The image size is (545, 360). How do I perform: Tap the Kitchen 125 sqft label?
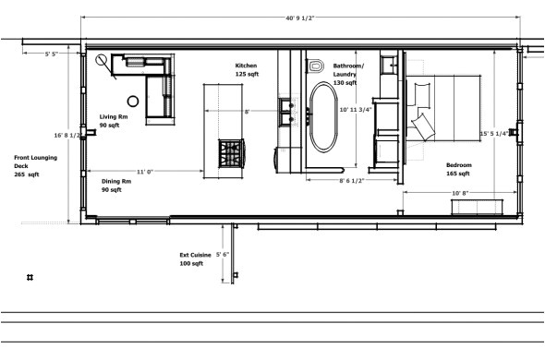click(246, 70)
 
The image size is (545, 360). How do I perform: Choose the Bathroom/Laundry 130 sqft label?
click(349, 74)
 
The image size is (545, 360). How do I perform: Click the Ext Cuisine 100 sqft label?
click(194, 259)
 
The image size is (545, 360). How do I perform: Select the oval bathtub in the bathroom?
click(323, 117)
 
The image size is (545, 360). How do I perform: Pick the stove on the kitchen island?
click(229, 152)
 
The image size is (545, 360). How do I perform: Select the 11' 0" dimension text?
click(145, 172)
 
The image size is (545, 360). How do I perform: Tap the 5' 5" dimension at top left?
click(54, 54)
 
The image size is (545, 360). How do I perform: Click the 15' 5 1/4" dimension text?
click(493, 134)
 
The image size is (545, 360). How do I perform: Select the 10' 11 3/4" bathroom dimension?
click(356, 110)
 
